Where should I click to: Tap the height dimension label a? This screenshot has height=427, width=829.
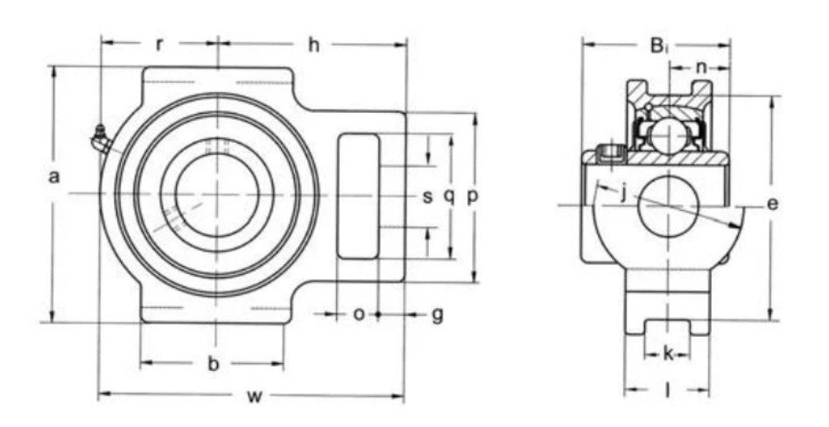[x=54, y=178]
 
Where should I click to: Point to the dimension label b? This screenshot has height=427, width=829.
[x=213, y=365]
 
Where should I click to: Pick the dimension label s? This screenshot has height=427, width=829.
[x=428, y=197]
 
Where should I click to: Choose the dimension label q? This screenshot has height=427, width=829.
[x=449, y=197]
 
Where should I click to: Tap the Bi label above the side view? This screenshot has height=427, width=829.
[x=657, y=45]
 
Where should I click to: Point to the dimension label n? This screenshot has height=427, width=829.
[x=701, y=67]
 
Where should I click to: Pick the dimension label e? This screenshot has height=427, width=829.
[x=772, y=205]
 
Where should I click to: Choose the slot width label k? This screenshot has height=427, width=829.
[x=668, y=354]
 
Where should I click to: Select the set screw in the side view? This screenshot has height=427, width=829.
[x=606, y=156]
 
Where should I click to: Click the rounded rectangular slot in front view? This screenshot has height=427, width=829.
[x=358, y=196]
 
